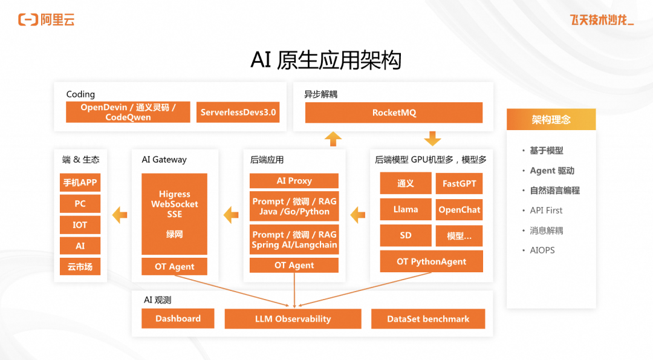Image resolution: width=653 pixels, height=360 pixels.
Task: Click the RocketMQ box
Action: (394, 113)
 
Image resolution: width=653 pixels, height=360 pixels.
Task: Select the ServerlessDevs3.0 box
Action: (238, 113)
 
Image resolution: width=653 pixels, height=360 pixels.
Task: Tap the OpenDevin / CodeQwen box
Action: (128, 113)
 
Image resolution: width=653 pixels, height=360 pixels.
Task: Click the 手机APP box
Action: (80, 183)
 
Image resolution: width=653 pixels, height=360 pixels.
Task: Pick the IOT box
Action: (80, 224)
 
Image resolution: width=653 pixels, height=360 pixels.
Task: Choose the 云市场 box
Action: (80, 266)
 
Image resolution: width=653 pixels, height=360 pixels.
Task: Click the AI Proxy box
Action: (294, 181)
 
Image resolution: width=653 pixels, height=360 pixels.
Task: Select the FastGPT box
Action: (459, 183)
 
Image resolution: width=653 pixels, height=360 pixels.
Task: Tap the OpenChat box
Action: (459, 209)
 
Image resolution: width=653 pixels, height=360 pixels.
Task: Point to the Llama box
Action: (406, 209)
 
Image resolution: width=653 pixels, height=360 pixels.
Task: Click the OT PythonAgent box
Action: (431, 261)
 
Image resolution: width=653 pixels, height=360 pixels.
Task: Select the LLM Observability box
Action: (293, 319)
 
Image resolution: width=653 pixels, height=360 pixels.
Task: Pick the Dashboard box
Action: (178, 319)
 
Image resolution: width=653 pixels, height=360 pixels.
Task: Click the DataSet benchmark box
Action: (428, 319)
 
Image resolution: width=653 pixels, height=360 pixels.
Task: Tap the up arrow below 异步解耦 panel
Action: (333, 139)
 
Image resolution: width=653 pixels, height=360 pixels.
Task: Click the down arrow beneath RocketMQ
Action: (432, 139)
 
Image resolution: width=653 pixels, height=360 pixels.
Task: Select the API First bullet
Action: (546, 211)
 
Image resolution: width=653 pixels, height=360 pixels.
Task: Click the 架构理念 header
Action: (551, 120)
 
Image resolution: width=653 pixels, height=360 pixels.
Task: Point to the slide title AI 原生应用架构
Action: (326, 60)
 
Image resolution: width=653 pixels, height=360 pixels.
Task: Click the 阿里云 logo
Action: (46, 20)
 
